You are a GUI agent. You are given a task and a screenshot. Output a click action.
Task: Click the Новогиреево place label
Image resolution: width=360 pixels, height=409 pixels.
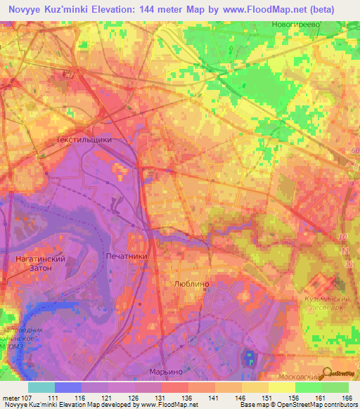click(x=295, y=24)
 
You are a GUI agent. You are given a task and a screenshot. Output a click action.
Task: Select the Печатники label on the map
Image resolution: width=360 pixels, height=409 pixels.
click(x=127, y=257)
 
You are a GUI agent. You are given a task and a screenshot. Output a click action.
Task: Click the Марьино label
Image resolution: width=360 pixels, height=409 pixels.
click(x=167, y=371)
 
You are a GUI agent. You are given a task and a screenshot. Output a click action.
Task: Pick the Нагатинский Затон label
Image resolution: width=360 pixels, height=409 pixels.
click(x=40, y=263)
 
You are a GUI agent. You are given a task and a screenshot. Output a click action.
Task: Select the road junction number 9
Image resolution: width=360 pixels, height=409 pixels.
click(x=350, y=184)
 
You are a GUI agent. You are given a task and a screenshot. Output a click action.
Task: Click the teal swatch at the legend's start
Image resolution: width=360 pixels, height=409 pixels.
click(x=41, y=387)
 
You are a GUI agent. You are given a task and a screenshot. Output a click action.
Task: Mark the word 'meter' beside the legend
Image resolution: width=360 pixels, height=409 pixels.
click(x=11, y=398)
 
